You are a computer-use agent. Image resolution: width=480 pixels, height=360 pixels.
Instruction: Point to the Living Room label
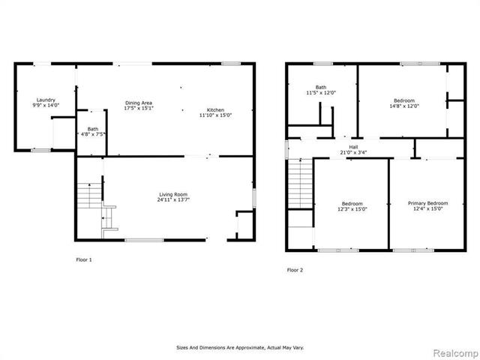pyautogui.click(x=173, y=194)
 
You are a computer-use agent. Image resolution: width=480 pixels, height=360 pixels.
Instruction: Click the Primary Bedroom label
pyautogui.click(x=427, y=203)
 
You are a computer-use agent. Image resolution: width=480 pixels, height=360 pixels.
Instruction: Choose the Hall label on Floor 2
pyautogui.click(x=352, y=147)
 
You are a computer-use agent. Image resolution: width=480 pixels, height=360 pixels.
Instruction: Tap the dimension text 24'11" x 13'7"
pyautogui.click(x=173, y=200)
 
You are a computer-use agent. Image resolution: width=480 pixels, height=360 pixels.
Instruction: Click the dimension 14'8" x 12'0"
pyautogui.click(x=405, y=106)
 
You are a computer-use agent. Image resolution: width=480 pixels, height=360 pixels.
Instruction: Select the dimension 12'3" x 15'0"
pyautogui.click(x=352, y=209)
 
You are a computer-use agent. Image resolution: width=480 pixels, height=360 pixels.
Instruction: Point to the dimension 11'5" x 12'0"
pyautogui.click(x=320, y=93)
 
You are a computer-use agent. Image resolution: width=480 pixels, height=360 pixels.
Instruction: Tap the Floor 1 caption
pyautogui.click(x=84, y=259)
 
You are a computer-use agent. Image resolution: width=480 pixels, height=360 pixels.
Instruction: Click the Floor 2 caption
pyautogui.click(x=295, y=270)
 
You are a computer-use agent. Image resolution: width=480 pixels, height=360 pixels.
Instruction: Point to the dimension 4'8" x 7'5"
pyautogui.click(x=93, y=135)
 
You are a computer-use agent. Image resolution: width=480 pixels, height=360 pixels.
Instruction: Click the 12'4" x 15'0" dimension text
pyautogui.click(x=427, y=209)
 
